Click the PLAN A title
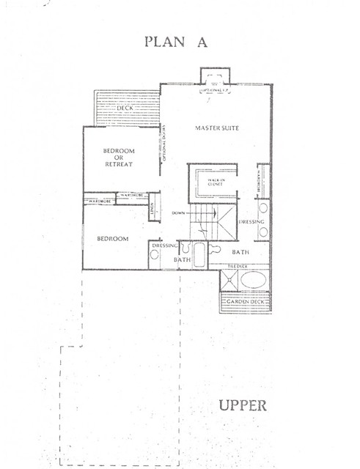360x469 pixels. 176,41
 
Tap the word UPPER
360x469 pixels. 241,405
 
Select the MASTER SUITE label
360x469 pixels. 217,128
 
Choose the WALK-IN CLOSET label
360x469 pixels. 216,182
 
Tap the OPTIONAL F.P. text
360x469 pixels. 216,92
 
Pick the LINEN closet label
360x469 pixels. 152,210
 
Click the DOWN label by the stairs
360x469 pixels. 178,213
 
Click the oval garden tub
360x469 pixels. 253,281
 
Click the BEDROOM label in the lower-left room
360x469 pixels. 113,239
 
